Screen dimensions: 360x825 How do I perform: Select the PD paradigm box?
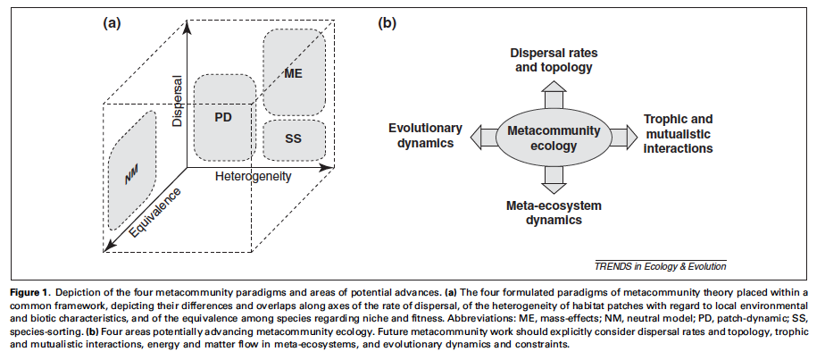coord(224,118)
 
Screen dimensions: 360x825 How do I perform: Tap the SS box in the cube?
coord(294,140)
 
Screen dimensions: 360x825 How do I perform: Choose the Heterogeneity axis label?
coord(254,177)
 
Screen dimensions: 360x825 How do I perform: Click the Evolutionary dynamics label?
coord(424,134)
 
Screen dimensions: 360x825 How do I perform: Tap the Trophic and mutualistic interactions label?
coord(679,133)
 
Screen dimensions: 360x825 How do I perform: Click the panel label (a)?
coord(111,23)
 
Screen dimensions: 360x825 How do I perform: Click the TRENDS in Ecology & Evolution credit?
coord(660,265)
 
